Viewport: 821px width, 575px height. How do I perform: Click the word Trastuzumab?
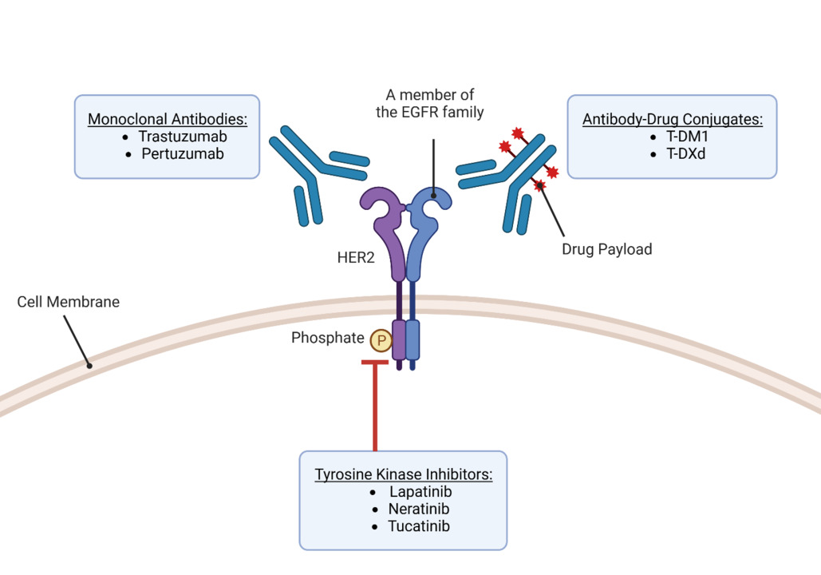[183, 137]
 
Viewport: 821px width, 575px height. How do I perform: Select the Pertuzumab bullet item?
[183, 153]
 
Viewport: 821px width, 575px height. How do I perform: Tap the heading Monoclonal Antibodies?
[168, 120]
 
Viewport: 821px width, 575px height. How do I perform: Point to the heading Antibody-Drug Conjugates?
[673, 120]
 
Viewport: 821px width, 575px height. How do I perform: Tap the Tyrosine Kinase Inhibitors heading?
[404, 474]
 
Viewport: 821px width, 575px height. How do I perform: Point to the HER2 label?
[356, 259]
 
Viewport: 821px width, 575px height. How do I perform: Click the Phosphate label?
[327, 338]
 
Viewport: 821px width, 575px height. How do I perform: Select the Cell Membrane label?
[69, 303]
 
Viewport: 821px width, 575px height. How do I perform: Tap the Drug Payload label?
[606, 249]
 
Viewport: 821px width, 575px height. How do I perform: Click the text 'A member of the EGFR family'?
[430, 104]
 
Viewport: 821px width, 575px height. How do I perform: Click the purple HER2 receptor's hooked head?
[382, 206]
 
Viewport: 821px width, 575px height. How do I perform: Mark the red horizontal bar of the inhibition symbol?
[375, 363]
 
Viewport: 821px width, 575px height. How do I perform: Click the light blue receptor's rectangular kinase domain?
[412, 339]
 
